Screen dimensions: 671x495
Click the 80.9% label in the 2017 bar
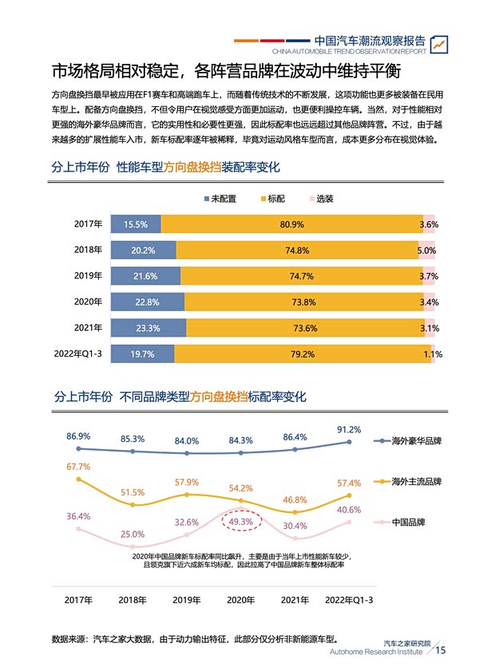tap(291, 225)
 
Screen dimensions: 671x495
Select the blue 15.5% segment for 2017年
tap(135, 225)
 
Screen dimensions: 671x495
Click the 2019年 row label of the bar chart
tap(88, 276)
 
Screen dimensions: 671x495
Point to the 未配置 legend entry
tap(220, 198)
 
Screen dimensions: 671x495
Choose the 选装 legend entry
tap(320, 198)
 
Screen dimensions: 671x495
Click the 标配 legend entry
tap(271, 198)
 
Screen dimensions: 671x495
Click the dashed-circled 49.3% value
tap(241, 522)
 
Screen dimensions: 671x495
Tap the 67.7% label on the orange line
tap(78, 466)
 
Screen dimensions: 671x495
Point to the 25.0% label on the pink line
tap(133, 534)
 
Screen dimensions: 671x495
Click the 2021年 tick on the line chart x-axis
tap(295, 600)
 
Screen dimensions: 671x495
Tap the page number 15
tap(440, 651)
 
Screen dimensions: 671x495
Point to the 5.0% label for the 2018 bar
tap(427, 251)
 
